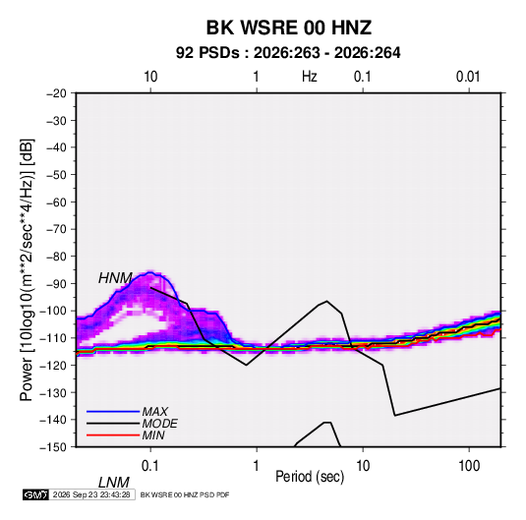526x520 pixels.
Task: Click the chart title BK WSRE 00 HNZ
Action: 288,28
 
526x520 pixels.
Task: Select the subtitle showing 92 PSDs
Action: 288,53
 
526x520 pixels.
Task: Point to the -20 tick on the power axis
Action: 56,93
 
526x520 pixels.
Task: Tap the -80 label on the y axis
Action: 56,257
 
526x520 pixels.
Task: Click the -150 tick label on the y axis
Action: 53,447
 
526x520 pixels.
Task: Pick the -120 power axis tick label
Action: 53,365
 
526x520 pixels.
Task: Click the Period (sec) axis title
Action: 310,477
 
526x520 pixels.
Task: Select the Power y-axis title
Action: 27,269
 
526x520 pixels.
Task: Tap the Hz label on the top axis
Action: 310,77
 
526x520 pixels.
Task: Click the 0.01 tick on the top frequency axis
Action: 468,77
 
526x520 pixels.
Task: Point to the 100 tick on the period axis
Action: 469,466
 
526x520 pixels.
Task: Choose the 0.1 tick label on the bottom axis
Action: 150,466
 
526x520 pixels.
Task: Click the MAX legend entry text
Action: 154,411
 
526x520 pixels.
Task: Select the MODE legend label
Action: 159,424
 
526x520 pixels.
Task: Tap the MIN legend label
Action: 153,435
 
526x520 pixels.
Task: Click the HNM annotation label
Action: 115,278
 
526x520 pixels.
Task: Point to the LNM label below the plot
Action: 114,483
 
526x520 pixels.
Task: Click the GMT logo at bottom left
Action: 36,494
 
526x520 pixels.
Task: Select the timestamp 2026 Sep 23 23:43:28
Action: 91,494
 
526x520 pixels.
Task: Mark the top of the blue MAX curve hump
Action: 150,272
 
